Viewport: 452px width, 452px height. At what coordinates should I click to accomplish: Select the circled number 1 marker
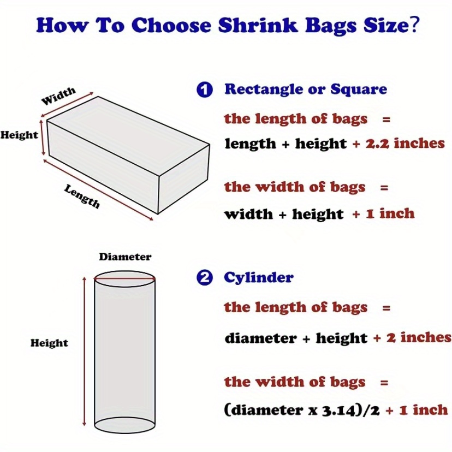coord(204,90)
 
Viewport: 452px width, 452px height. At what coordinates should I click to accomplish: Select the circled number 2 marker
coord(204,278)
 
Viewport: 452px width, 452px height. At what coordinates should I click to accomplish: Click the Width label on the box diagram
coord(59,96)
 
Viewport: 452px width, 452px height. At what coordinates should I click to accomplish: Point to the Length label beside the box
coord(82,196)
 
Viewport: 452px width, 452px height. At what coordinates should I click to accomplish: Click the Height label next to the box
coord(19,135)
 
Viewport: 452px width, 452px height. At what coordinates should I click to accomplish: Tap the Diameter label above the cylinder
coord(125,257)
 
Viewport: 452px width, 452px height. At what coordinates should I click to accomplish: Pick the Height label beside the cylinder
coord(49,343)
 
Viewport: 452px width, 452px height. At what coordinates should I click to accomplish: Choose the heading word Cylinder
coord(259,277)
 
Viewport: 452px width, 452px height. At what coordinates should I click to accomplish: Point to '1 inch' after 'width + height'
coord(389,213)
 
